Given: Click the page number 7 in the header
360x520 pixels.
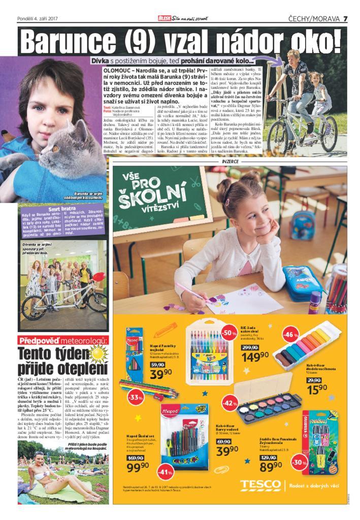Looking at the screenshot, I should pyautogui.click(x=345, y=19).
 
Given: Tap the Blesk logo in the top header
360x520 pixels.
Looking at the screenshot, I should pyautogui.click(x=165, y=19).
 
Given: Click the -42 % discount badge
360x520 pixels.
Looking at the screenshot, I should pyautogui.click(x=228, y=404).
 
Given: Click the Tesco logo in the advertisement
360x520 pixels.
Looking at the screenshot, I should pyautogui.click(x=260, y=484).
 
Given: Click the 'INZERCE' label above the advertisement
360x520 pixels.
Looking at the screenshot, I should pyautogui.click(x=230, y=161).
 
